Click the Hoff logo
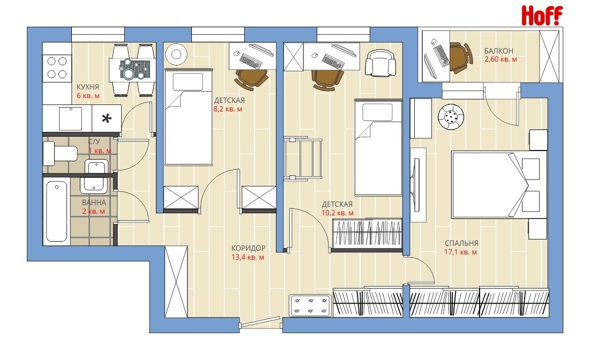[542, 16]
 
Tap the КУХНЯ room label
[88, 87]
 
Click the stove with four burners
[57, 67]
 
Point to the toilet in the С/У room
[59, 153]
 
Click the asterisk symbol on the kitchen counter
[107, 119]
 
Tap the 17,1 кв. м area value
[460, 252]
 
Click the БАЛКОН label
[498, 51]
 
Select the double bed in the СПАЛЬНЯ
[499, 185]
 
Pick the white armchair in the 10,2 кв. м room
[381, 63]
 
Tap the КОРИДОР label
[248, 248]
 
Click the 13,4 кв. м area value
[248, 258]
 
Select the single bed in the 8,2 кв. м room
[189, 117]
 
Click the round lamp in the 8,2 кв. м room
[176, 54]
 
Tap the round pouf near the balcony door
[451, 117]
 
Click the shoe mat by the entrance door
[310, 305]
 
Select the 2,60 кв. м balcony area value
[501, 59]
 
